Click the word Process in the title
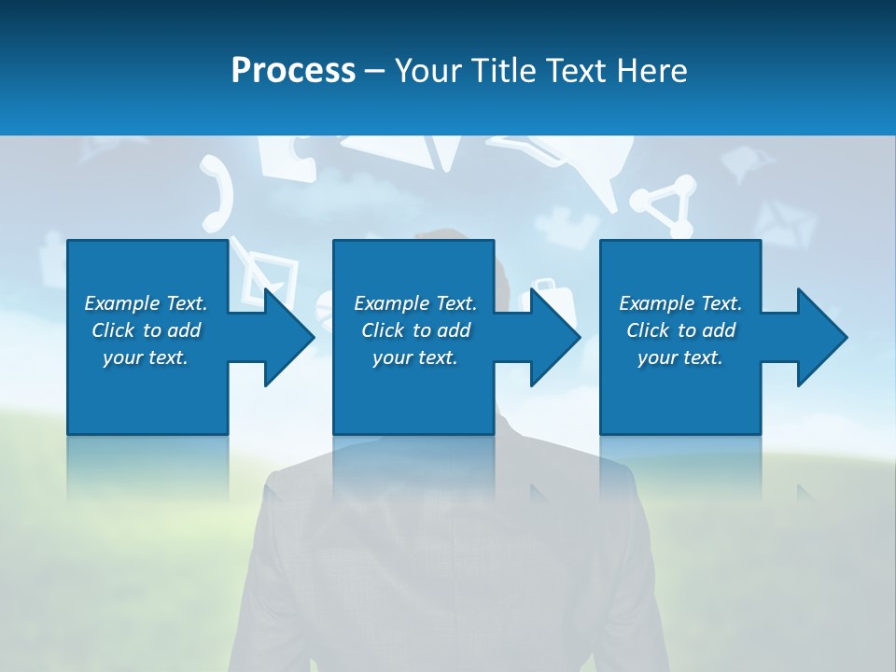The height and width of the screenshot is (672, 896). (x=293, y=71)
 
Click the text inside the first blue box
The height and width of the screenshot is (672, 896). (x=146, y=330)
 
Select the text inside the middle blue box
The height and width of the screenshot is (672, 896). (x=415, y=330)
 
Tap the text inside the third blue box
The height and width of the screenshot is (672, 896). (x=680, y=330)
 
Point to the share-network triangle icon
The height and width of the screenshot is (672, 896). (x=665, y=207)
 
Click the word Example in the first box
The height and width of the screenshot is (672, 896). (x=121, y=303)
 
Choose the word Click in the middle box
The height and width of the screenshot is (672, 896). (x=382, y=330)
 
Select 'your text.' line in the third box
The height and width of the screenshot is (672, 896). (x=680, y=357)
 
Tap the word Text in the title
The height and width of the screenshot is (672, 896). (x=578, y=71)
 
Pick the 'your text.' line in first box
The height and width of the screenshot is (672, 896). (x=146, y=357)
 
